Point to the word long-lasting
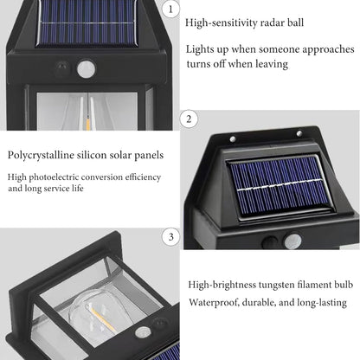320,302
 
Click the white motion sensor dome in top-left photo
85,65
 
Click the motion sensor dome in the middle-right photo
296,244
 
